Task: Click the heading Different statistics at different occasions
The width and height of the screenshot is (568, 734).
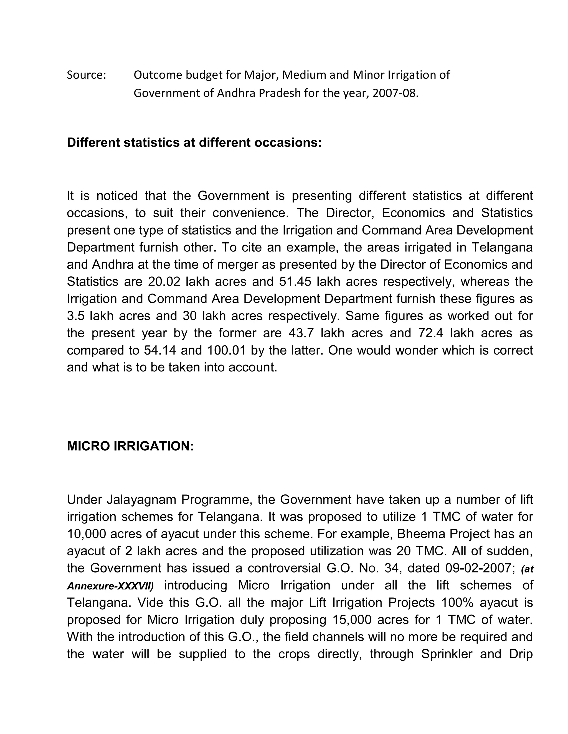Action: [194, 142]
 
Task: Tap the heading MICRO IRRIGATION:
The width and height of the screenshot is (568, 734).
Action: [130, 446]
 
